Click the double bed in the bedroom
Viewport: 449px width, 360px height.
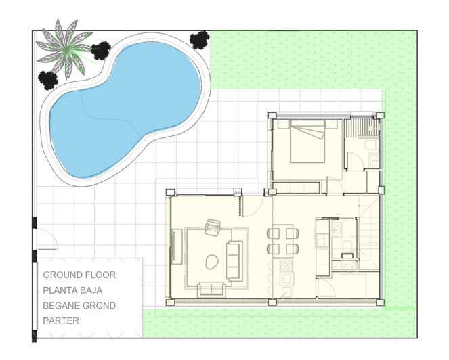(x=309, y=141)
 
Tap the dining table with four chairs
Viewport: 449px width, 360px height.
(x=282, y=241)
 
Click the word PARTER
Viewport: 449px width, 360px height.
(x=61, y=321)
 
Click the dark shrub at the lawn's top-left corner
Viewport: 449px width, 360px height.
(x=199, y=39)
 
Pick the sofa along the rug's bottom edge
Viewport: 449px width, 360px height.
(x=211, y=289)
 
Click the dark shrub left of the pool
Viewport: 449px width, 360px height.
(x=48, y=78)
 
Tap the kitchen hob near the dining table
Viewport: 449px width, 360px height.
(x=286, y=264)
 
